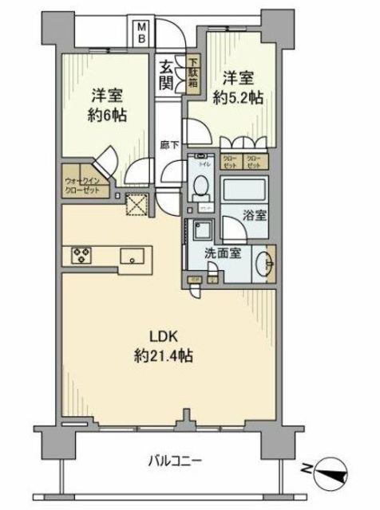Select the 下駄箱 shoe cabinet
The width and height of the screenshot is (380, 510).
coord(194,70)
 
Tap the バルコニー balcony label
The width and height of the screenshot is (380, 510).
coord(173,460)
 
